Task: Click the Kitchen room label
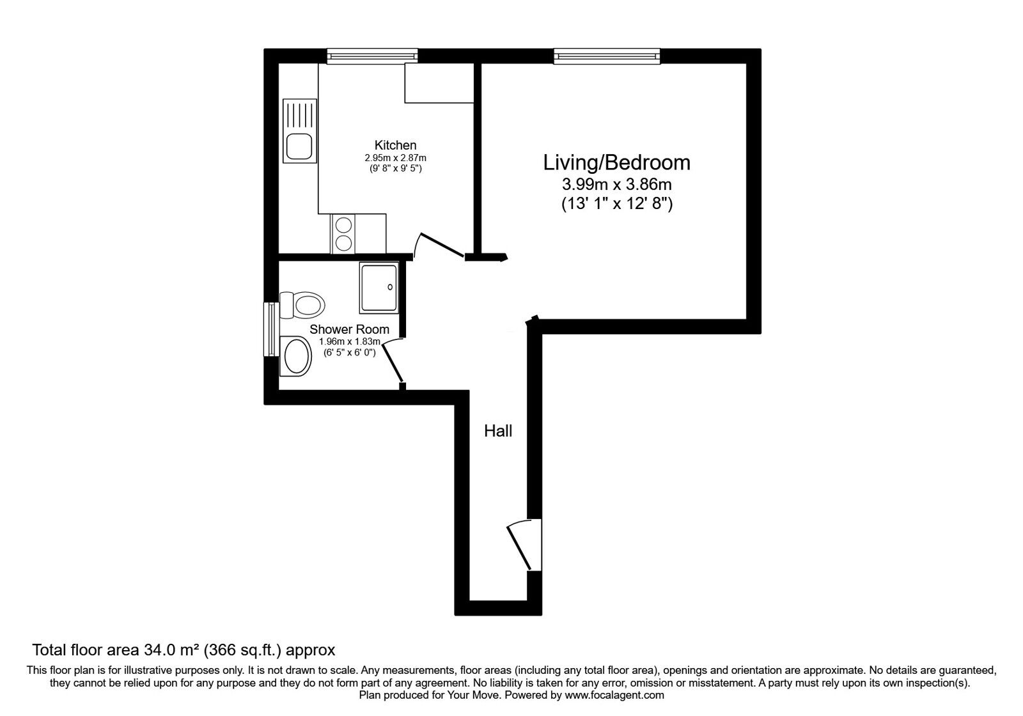click(x=395, y=145)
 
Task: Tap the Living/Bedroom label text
click(x=616, y=163)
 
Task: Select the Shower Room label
click(x=349, y=329)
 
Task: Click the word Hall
click(x=498, y=431)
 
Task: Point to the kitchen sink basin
click(x=299, y=146)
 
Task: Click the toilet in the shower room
click(x=302, y=304)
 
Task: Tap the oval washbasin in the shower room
click(x=296, y=356)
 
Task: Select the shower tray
click(x=379, y=288)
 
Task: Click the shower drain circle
click(x=390, y=287)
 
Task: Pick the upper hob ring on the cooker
click(x=343, y=225)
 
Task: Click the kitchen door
click(x=441, y=245)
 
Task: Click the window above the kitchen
click(x=372, y=56)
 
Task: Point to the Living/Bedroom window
click(x=607, y=56)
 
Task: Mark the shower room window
click(x=271, y=329)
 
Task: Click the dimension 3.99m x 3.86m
click(x=616, y=185)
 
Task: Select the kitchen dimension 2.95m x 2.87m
click(x=395, y=158)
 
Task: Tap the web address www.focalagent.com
click(x=614, y=696)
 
